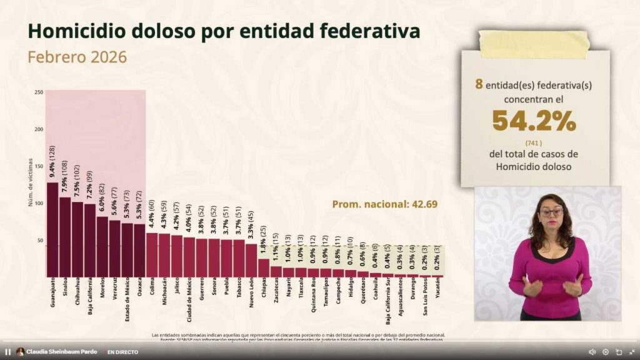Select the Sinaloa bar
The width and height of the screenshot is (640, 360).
pos(65,237)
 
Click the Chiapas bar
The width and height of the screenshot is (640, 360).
pos(264,267)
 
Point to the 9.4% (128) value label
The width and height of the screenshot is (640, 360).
pos(52,161)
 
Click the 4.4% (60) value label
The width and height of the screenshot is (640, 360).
pos(152,215)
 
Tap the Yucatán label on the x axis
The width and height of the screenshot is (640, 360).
pos(438,291)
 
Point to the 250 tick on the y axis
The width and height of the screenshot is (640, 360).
pos(39,92)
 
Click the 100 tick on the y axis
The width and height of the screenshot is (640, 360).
pos(39,204)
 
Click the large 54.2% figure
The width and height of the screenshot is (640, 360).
pos(534,121)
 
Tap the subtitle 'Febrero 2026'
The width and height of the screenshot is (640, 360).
pos(77,57)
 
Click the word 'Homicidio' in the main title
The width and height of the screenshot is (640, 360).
pos(87,31)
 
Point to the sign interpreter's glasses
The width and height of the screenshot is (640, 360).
pos(551,212)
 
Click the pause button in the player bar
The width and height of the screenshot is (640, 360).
pos(8,352)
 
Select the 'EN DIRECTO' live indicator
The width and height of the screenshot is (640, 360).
pos(122,352)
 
